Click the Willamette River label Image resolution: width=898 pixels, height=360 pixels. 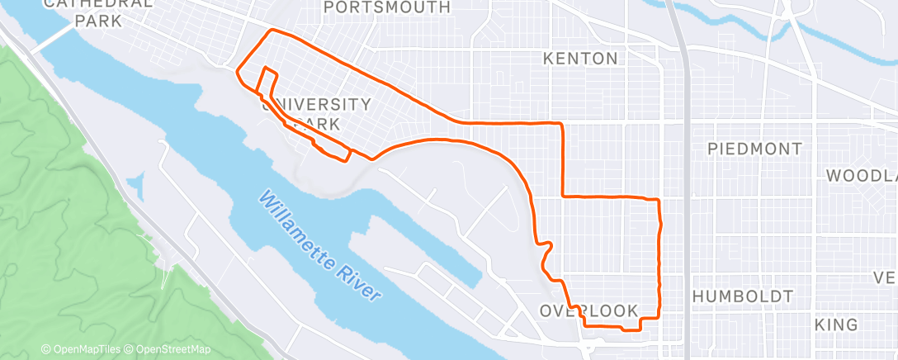pyautogui.click(x=320, y=245)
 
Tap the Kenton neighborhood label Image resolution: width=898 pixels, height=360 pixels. pyautogui.click(x=580, y=59)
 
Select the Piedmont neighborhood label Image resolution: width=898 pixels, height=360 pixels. pyautogui.click(x=755, y=149)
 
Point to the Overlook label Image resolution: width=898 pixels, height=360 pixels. pyautogui.click(x=589, y=310)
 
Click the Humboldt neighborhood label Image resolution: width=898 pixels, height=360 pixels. pyautogui.click(x=743, y=296)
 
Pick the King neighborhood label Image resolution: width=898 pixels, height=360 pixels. pyautogui.click(x=837, y=325)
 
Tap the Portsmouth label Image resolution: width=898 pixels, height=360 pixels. pyautogui.click(x=387, y=7)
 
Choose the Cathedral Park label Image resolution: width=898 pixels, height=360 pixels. pyautogui.click(x=99, y=12)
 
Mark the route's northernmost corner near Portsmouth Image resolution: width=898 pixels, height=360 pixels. pyautogui.click(x=273, y=31)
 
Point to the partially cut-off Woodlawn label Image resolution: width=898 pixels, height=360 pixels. pyautogui.click(x=862, y=176)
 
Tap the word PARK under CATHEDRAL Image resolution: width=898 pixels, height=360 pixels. pyautogui.click(x=98, y=21)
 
